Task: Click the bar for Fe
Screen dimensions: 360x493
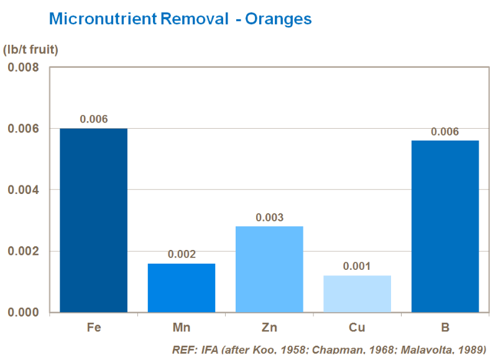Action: tap(93, 220)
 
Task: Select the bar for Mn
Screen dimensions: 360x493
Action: tap(182, 288)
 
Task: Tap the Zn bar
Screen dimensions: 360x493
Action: tap(269, 269)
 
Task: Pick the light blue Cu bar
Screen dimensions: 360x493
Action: tap(357, 293)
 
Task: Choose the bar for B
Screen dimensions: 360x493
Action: tap(445, 226)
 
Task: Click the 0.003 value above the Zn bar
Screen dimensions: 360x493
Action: tap(269, 218)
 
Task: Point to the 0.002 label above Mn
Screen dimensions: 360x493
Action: tap(182, 254)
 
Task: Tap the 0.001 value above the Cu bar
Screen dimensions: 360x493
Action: tap(357, 266)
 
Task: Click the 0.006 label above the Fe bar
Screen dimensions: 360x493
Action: tap(94, 119)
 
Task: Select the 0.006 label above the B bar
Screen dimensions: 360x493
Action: tap(445, 132)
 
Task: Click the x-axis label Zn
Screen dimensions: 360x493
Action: tap(269, 328)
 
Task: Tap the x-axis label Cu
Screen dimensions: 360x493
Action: tap(357, 328)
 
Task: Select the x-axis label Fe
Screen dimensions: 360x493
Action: tap(93, 328)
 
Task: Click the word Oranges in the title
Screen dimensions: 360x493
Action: tap(279, 19)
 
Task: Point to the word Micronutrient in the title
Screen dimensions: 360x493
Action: tap(103, 19)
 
